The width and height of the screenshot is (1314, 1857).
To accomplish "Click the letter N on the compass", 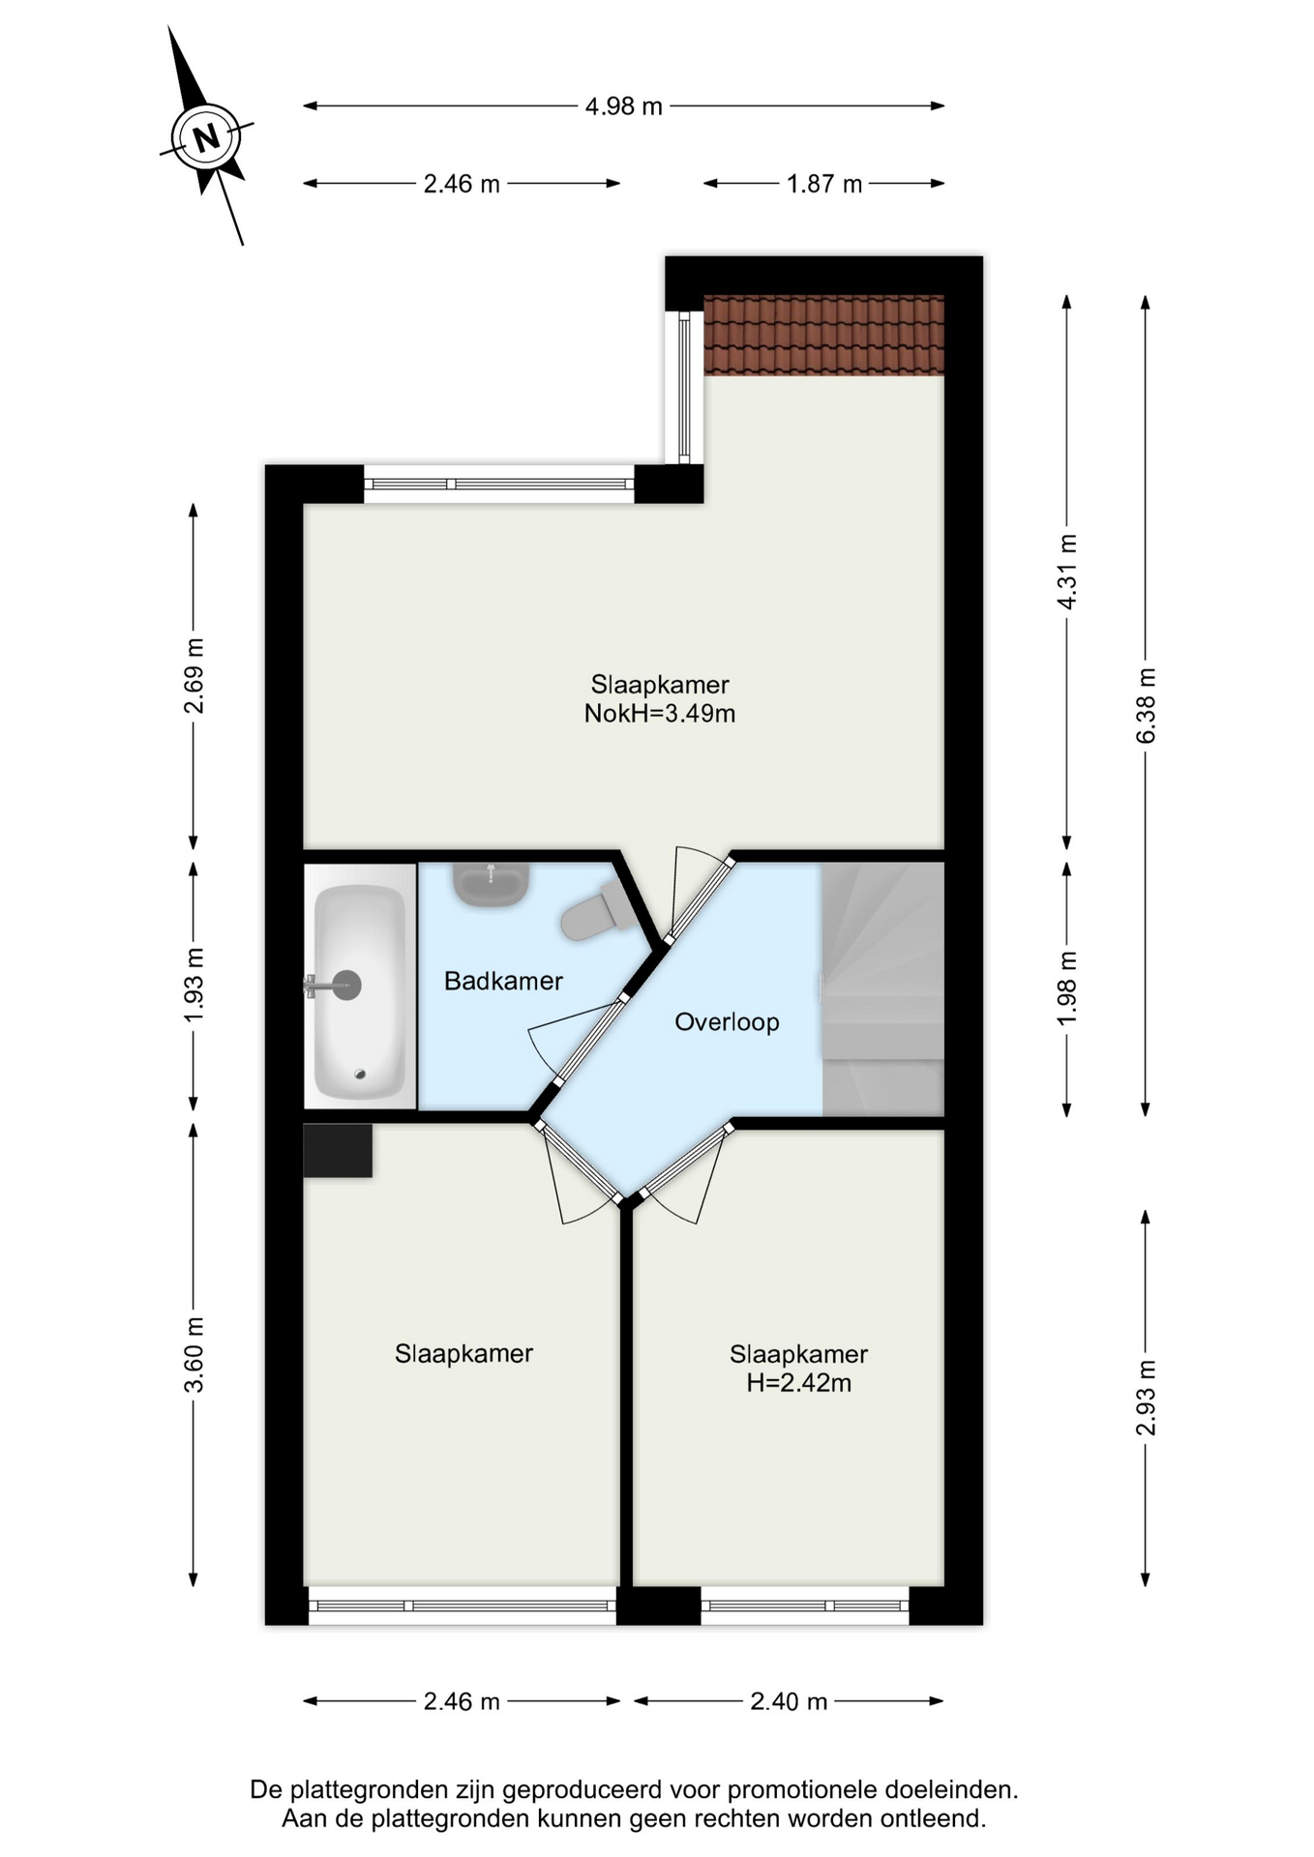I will [x=205, y=138].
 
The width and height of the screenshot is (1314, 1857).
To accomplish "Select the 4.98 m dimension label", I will [x=623, y=106].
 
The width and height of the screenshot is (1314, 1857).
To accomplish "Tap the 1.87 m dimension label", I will [x=823, y=184].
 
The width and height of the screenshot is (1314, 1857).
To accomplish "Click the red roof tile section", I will [x=823, y=335].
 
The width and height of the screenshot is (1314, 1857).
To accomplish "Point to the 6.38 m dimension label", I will [x=1146, y=705].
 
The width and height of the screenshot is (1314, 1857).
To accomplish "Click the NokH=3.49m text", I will [x=659, y=715].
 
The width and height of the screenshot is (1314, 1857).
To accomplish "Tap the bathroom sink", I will [x=492, y=882].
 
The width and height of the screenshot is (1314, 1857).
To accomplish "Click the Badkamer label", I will [x=503, y=982].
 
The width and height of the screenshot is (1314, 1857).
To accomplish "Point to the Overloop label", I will [x=727, y=1022].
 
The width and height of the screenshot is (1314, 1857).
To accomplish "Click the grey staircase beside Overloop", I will [x=882, y=988].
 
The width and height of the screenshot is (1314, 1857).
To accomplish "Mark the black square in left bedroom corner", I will [x=338, y=1150].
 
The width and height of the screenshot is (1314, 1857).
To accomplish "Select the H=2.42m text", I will [x=798, y=1384].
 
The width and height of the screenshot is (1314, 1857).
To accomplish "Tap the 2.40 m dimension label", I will [x=789, y=1701].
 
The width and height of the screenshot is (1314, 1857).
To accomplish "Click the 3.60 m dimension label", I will [x=194, y=1354].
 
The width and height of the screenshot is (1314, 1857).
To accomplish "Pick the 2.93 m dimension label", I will [x=1146, y=1397].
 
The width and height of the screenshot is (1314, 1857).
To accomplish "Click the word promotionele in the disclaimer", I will [x=792, y=1790].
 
